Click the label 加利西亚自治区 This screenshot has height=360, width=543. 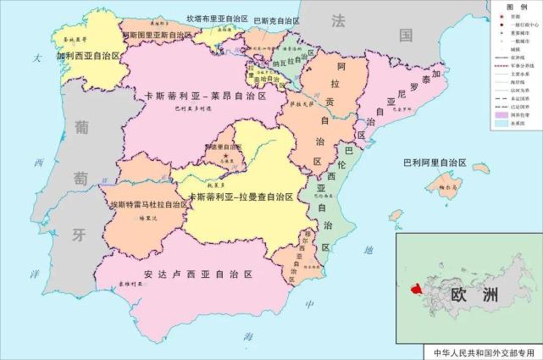tap(89, 57)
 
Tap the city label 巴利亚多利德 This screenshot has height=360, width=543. tap(189, 109)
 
